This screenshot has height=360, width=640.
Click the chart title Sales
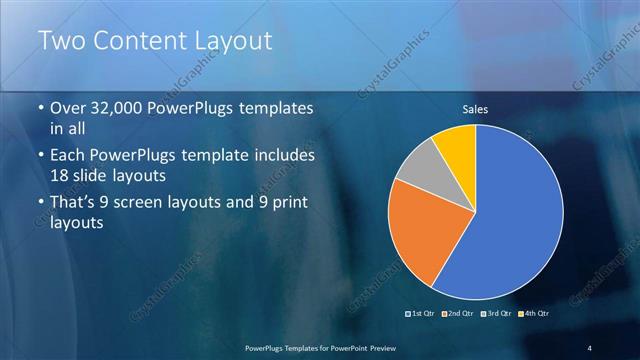(475, 110)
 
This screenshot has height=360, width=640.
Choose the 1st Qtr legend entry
(422, 314)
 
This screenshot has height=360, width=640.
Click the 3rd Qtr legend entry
(500, 314)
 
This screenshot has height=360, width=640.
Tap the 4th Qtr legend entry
(536, 314)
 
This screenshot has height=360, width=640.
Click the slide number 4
(589, 348)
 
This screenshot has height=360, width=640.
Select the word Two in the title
(62, 42)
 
